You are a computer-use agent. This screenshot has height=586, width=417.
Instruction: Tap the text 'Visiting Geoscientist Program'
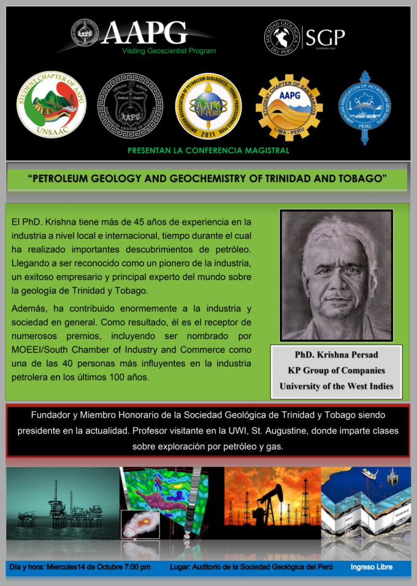tap(169, 51)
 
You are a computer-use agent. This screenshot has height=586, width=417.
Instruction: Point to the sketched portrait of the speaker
tap(336, 275)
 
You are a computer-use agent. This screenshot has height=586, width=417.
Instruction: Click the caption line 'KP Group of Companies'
tap(336, 370)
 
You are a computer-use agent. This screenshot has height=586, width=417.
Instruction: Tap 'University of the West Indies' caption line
tap(336, 386)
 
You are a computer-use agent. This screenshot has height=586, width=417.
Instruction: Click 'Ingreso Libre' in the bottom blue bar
tap(372, 567)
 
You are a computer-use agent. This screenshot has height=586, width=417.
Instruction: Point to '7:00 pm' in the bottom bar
tap(136, 567)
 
